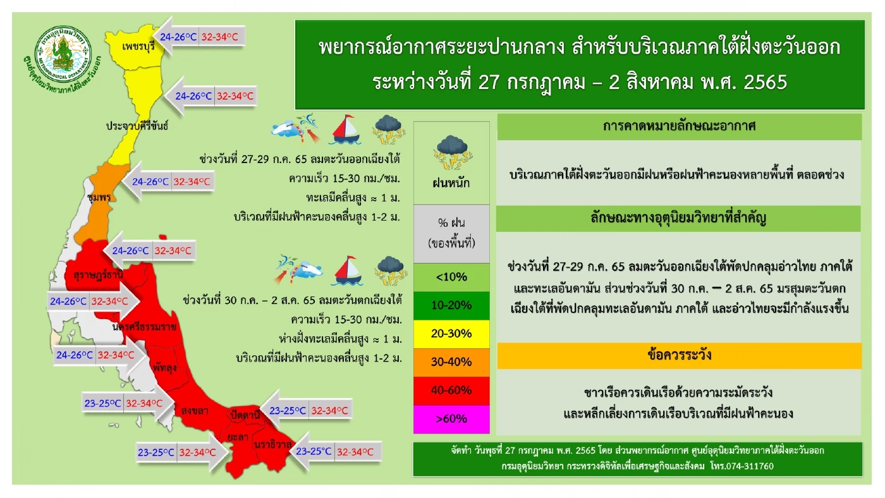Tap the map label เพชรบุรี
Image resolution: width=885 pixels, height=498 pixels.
point(130,46)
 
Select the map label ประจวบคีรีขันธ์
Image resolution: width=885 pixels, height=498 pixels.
point(137,126)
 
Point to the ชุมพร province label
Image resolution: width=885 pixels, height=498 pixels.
point(100,197)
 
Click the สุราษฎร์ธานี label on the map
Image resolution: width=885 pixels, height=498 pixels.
point(98,276)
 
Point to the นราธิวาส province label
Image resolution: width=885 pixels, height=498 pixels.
point(272,444)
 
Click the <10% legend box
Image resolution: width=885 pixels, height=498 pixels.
point(451,277)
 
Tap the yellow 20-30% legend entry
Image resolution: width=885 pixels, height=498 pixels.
point(451,334)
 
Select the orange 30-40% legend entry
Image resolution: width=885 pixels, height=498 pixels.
point(451,362)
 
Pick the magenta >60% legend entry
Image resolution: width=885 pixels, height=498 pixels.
point(451,419)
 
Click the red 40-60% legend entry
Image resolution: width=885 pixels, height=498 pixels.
point(451,391)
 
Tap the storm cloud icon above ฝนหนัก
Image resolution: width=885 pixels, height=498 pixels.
point(451,152)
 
